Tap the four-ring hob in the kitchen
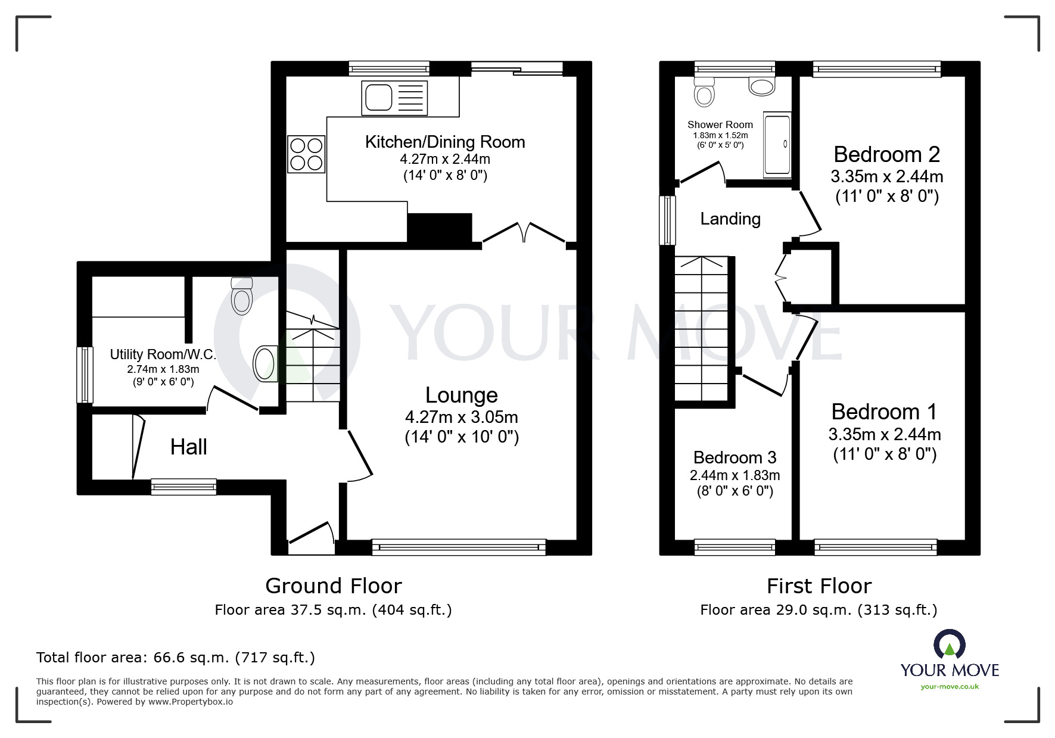click(306, 154)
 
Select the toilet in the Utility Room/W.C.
click(242, 296)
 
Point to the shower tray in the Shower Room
click(777, 145)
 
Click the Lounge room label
click(462, 395)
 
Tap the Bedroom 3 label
click(735, 457)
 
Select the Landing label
click(730, 219)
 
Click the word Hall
click(188, 447)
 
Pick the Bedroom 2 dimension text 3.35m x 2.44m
click(886, 176)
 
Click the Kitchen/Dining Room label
click(445, 142)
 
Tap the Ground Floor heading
click(333, 586)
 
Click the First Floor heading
click(819, 586)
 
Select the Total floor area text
click(176, 658)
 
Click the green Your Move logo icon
click(949, 644)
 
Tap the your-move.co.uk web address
click(950, 686)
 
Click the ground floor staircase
click(312, 363)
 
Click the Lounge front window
click(458, 547)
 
